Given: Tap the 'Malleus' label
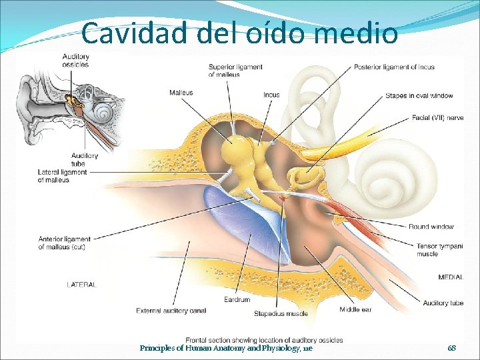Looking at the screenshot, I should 181,92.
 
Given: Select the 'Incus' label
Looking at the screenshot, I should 271,95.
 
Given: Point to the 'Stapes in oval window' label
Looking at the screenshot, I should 419,96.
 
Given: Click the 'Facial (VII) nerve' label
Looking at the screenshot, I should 438,118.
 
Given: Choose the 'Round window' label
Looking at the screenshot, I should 431,227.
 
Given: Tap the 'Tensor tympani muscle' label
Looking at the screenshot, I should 435,249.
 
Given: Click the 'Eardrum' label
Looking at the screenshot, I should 237,300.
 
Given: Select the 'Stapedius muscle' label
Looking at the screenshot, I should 281,313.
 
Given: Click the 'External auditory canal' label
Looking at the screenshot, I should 171,310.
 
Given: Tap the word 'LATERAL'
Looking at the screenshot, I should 81,284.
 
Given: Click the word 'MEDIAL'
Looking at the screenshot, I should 451,277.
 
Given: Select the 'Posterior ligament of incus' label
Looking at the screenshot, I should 395,67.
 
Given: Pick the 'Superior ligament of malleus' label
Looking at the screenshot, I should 235,71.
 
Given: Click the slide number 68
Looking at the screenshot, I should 451,348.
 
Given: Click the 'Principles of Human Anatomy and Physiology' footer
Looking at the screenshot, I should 225,348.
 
